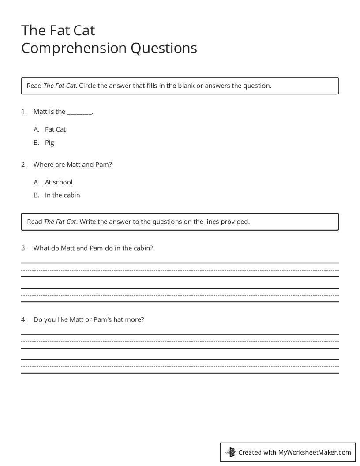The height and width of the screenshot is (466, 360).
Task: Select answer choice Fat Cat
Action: tap(55, 129)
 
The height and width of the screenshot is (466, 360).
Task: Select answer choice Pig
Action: tap(49, 143)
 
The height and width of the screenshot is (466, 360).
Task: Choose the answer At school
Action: tap(59, 182)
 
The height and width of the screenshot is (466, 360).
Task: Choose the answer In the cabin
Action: tap(62, 195)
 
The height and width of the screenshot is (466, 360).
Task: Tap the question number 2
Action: tap(24, 165)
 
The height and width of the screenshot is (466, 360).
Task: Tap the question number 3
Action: tap(24, 248)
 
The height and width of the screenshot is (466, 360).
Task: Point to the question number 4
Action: tap(24, 319)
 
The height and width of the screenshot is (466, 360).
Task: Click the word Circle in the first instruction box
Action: tap(87, 86)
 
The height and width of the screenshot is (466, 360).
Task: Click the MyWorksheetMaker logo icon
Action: tap(230, 452)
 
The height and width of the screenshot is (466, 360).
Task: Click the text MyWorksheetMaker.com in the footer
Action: tap(315, 452)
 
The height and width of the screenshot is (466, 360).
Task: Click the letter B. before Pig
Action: tap(37, 143)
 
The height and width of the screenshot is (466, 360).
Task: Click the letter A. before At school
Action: tap(37, 182)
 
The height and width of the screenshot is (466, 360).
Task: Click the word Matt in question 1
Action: tap(40, 112)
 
